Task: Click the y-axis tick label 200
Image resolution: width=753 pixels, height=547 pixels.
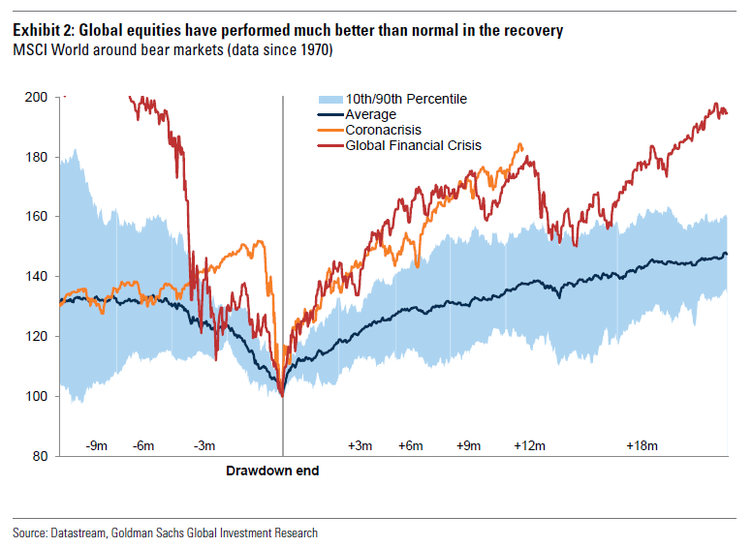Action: tap(38, 98)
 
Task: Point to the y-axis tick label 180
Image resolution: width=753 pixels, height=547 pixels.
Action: tap(38, 157)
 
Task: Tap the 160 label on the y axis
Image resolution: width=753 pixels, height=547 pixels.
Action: tap(38, 217)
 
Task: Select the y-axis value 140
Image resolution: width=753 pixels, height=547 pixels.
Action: tap(38, 277)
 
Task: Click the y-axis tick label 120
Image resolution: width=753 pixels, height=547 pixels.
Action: tap(38, 337)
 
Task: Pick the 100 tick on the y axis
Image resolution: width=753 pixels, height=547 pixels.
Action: tap(38, 396)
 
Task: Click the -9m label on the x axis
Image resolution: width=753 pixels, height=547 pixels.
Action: tap(96, 446)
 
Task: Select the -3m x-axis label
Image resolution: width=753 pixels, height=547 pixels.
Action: tap(204, 446)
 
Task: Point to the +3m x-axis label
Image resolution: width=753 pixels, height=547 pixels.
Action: tap(360, 446)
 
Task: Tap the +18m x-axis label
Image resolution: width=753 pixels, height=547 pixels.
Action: tap(641, 446)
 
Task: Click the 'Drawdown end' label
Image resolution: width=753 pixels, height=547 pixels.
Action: tap(272, 471)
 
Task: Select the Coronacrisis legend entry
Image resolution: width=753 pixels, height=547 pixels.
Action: tap(383, 130)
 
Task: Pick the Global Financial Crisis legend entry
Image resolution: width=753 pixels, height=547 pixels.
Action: tap(413, 145)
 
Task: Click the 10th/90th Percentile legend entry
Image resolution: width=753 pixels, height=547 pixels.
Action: tap(406, 99)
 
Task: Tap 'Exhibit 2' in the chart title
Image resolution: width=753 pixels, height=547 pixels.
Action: tap(40, 31)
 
